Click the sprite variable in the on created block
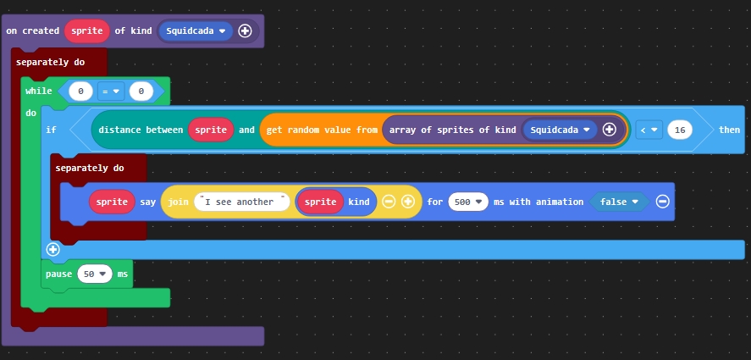[x=86, y=31]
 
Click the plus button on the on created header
[x=246, y=31]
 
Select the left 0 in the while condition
[x=80, y=91]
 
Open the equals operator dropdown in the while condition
[x=111, y=91]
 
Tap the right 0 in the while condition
[x=141, y=91]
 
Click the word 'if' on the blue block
[x=51, y=130]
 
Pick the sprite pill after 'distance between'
[x=211, y=130]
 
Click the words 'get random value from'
[x=321, y=130]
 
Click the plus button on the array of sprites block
[x=609, y=130]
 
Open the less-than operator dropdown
[x=649, y=130]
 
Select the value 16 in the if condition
[x=679, y=130]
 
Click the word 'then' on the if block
[x=728, y=130]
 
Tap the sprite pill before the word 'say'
[x=111, y=202]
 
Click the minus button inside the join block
[x=389, y=202]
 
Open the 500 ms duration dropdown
[x=468, y=202]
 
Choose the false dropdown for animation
[x=619, y=202]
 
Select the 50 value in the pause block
[x=94, y=274]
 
